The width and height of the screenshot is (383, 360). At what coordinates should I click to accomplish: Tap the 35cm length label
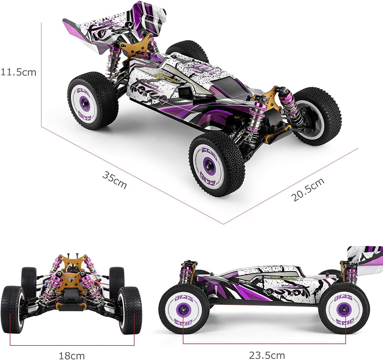[x=114, y=180]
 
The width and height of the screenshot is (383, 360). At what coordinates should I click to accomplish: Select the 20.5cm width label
[x=307, y=189]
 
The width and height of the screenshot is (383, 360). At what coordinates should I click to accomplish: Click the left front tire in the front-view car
[x=13, y=309]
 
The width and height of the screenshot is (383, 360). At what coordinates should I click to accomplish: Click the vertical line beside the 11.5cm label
[x=41, y=73]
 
